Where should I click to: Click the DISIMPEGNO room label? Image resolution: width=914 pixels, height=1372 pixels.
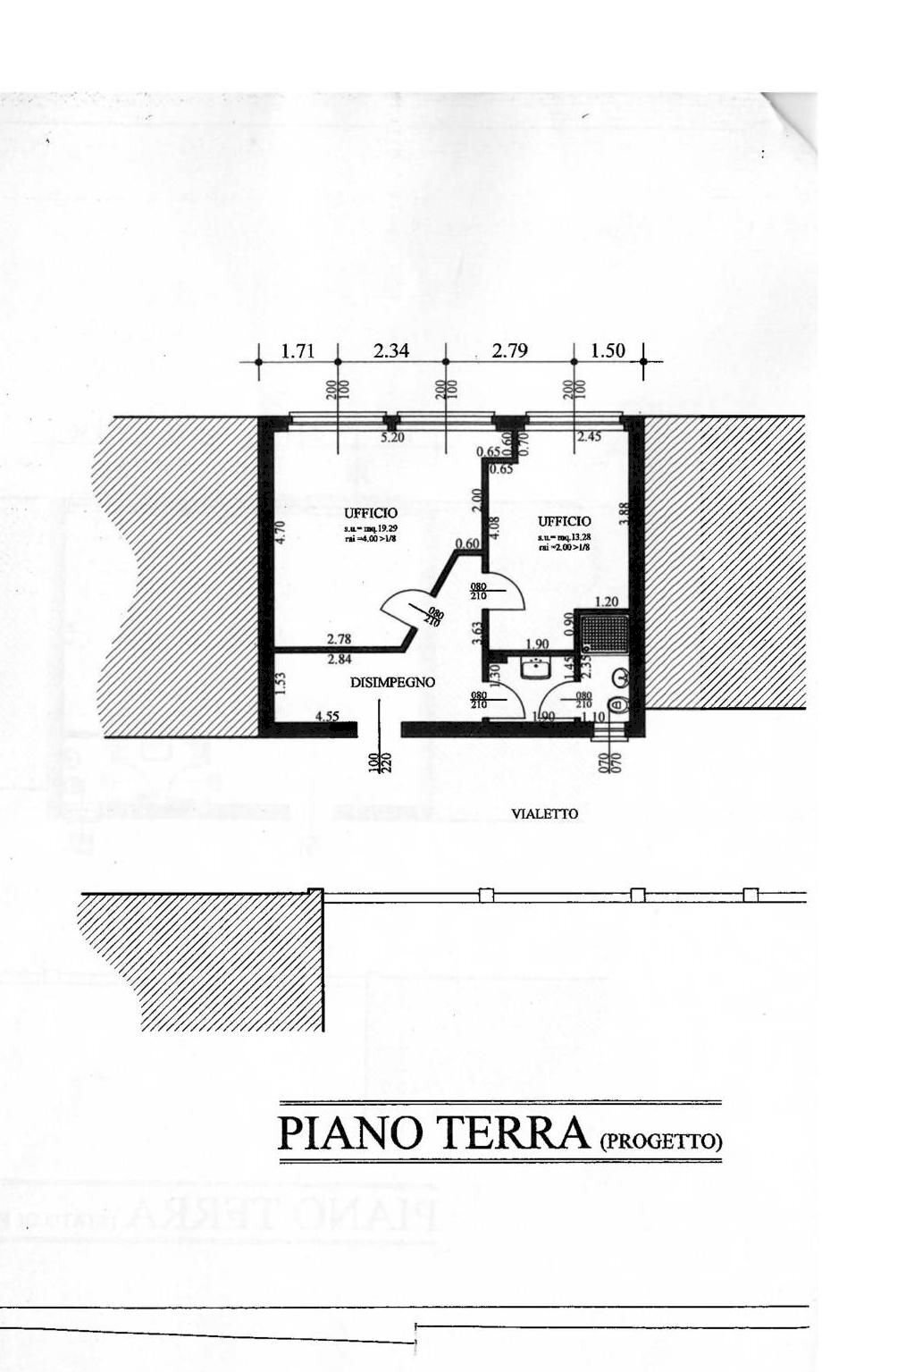[392, 682]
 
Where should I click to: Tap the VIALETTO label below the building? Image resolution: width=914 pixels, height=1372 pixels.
[544, 813]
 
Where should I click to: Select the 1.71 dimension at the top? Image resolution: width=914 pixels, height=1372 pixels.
[298, 351]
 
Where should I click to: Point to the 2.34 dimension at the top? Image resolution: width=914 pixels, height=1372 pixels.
[391, 351]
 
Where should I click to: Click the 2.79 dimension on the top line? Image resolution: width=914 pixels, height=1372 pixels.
[509, 351]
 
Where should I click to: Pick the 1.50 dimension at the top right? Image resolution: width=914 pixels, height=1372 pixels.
[608, 351]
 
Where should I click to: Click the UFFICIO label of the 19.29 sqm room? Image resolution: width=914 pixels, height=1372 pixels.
[371, 513]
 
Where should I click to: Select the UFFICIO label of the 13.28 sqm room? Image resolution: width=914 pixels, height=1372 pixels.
[564, 521]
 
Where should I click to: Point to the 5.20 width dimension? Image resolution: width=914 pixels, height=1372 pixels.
[392, 438]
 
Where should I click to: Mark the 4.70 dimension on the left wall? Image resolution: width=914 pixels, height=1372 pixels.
[280, 534]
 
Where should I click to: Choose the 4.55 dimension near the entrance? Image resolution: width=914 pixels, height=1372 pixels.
[327, 716]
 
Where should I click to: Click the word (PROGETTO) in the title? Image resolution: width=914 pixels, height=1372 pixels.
[659, 1141]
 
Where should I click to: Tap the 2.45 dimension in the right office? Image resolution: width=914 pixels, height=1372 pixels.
[589, 437]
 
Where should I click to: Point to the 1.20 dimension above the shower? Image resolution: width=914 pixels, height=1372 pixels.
[607, 602]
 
